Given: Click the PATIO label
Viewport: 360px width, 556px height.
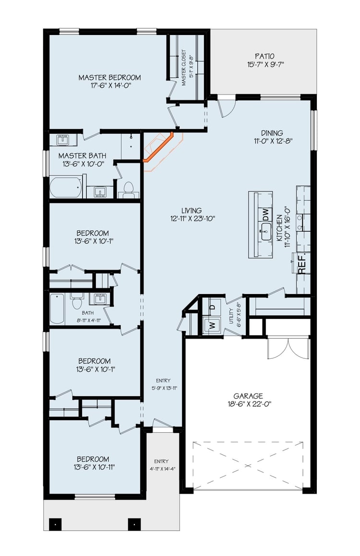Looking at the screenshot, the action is click(x=264, y=56).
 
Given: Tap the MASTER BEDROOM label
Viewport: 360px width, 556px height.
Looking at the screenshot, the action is click(x=109, y=77).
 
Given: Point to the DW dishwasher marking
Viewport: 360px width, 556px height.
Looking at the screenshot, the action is click(x=265, y=214).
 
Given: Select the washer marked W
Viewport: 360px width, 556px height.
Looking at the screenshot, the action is click(x=212, y=325).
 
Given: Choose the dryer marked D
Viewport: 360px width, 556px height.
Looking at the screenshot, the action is click(x=212, y=307).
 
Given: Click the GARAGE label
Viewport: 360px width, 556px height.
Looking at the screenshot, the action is click(x=248, y=396).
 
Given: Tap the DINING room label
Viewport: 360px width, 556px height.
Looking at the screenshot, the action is click(x=272, y=133).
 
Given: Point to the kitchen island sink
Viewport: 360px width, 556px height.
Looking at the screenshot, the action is click(x=267, y=235).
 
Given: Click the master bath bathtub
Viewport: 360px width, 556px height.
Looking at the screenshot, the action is click(x=66, y=187).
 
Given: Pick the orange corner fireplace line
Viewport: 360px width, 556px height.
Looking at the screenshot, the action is click(x=158, y=147).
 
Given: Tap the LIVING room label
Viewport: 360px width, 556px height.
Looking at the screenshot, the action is click(x=192, y=211).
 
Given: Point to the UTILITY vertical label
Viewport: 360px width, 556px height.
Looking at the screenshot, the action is click(x=231, y=316).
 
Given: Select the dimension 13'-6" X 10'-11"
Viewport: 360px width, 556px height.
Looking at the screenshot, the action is click(x=95, y=467).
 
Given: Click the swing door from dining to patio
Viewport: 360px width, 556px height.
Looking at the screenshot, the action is click(x=226, y=106).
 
